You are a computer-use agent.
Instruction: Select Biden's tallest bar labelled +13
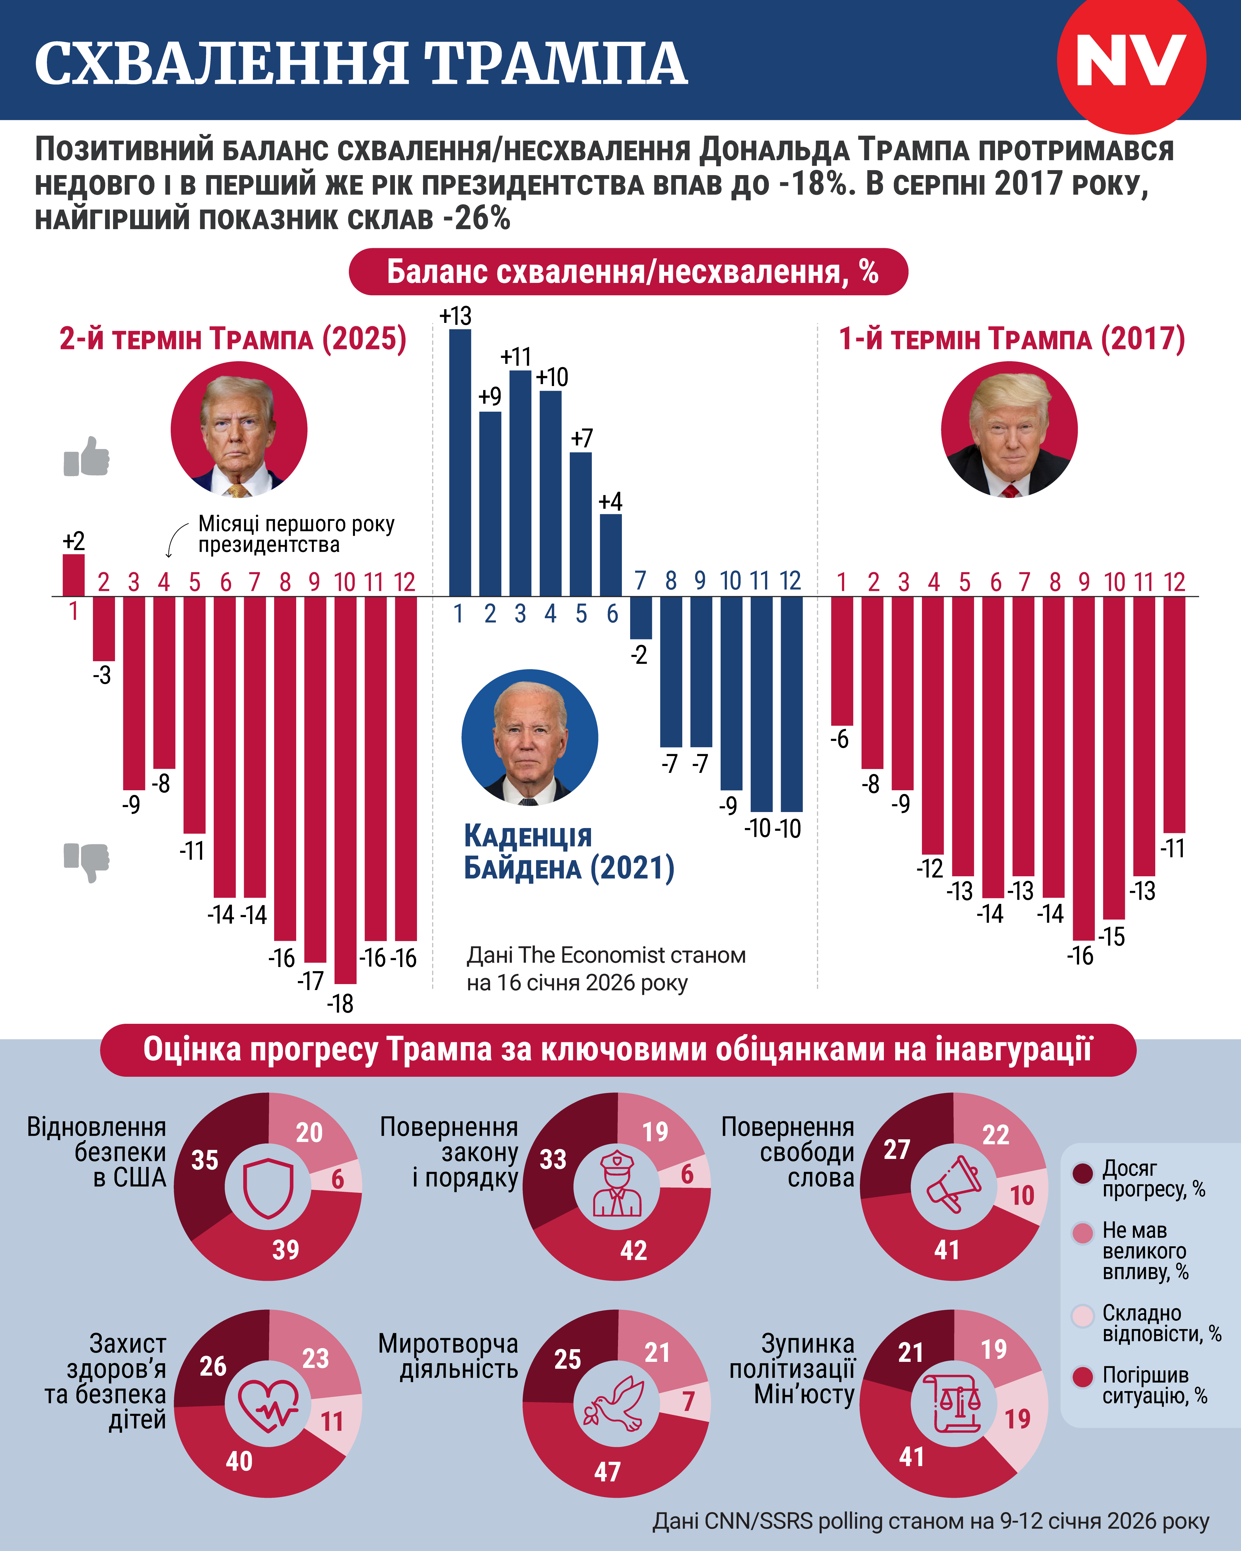461,463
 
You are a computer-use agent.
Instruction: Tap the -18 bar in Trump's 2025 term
345,790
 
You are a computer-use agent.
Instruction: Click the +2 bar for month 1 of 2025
73,575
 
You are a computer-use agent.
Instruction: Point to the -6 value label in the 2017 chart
839,739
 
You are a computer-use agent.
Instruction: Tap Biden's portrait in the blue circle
529,737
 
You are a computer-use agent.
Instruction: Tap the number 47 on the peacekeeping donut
607,1471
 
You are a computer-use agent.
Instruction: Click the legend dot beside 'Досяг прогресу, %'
1083,1173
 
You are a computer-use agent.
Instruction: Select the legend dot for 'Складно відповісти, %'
1083,1316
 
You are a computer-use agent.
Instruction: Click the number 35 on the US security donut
205,1160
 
